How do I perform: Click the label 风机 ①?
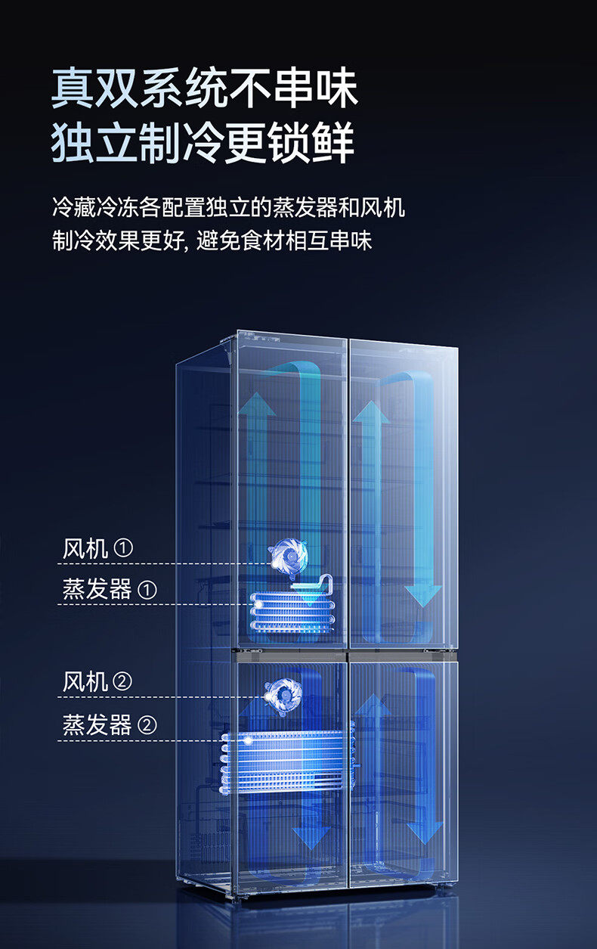click(97, 548)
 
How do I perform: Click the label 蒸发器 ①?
click(109, 589)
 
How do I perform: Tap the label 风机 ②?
click(97, 682)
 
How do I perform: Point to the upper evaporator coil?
click(292, 611)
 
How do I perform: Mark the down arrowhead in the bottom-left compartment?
click(311, 836)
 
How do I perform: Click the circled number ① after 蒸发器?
click(147, 590)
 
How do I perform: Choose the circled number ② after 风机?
click(122, 682)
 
